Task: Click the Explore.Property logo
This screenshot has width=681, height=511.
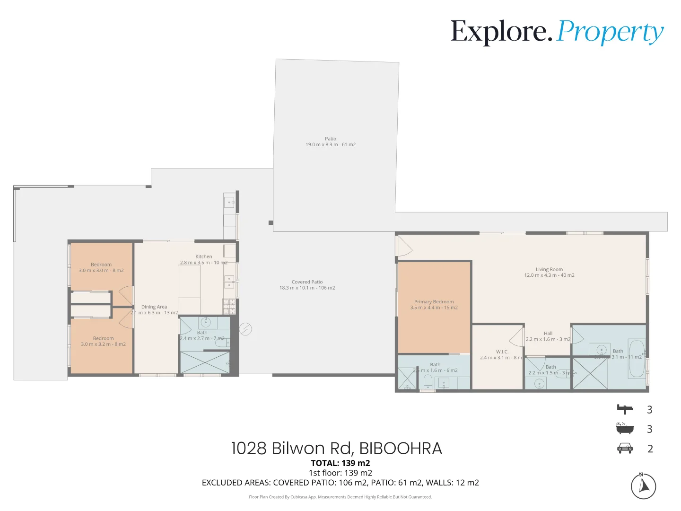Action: [557, 32]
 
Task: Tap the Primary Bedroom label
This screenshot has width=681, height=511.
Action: [434, 305]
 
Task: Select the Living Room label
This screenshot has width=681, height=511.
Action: [549, 272]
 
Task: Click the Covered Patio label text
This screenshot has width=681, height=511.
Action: [307, 285]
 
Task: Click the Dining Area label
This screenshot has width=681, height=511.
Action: [154, 310]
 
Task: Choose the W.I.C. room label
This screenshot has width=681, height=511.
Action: [502, 354]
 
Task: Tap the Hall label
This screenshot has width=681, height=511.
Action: [548, 336]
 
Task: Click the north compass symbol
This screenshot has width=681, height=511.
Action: [643, 486]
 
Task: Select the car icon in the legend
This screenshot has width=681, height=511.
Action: [625, 448]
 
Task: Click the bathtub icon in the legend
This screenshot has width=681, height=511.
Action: [625, 428]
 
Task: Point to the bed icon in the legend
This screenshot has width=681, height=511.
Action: [625, 409]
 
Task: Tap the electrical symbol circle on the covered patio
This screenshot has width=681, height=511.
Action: [245, 329]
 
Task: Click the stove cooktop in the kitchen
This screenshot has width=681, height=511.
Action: [229, 306]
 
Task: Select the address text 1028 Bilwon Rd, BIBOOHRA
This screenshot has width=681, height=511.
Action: [336, 448]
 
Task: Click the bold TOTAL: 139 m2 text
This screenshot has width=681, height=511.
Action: [340, 463]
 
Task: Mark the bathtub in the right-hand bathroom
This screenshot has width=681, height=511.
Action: [636, 358]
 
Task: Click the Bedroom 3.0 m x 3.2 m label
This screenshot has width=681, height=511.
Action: [103, 341]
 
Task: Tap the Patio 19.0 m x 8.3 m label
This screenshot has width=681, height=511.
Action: [330, 142]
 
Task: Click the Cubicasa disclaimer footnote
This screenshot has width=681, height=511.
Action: [340, 497]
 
